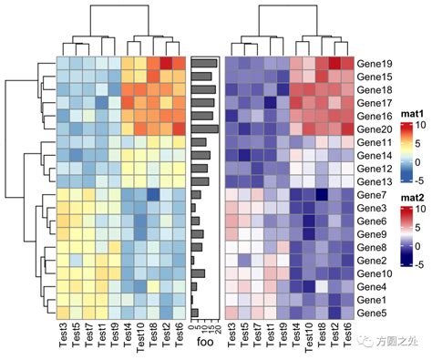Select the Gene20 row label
pyautogui.click(x=375, y=129)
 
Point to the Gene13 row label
pyautogui.click(x=375, y=181)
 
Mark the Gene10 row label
pyautogui.click(x=375, y=273)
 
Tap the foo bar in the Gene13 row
pyautogui.click(x=201, y=181)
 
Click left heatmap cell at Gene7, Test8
pyautogui.click(x=153, y=195)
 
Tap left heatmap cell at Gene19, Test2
pyautogui.click(x=167, y=63)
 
